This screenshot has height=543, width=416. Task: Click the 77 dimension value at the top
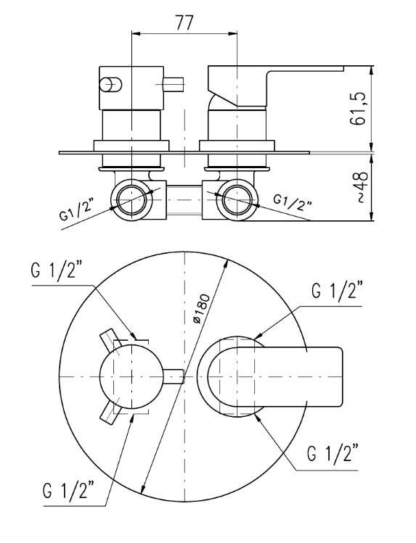tap(184, 23)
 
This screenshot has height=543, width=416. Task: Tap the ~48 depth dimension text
tap(361, 187)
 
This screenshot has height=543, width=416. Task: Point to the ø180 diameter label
tap(202, 309)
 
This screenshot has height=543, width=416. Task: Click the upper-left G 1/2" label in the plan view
tap(57, 270)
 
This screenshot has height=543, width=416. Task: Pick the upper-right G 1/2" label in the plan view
tap(337, 291)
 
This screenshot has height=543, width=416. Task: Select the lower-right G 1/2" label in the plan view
tap(333, 454)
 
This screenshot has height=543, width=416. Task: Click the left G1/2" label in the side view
tap(77, 210)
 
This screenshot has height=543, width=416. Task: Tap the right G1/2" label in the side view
tap(293, 202)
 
